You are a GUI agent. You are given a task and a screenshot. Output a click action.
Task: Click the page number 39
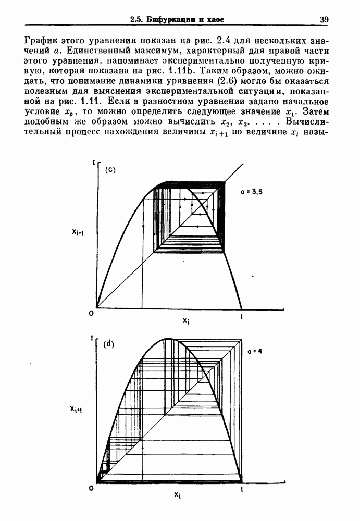324,20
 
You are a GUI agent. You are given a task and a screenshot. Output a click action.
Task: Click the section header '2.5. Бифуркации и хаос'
177,20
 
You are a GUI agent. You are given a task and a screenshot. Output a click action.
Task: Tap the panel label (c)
110,170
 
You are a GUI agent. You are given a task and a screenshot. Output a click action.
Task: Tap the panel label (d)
109,344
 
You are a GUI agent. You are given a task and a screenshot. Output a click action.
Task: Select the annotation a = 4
255,352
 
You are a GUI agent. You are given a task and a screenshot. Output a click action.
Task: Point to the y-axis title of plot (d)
79,410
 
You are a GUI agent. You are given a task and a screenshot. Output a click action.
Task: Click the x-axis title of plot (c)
186,320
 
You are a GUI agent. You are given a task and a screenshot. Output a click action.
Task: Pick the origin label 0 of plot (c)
91,313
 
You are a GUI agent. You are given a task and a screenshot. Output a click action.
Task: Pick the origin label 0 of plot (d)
91,488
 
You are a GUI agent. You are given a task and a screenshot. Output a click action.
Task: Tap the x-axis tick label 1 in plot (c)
241,316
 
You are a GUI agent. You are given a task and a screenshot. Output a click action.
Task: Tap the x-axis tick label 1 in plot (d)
241,490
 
